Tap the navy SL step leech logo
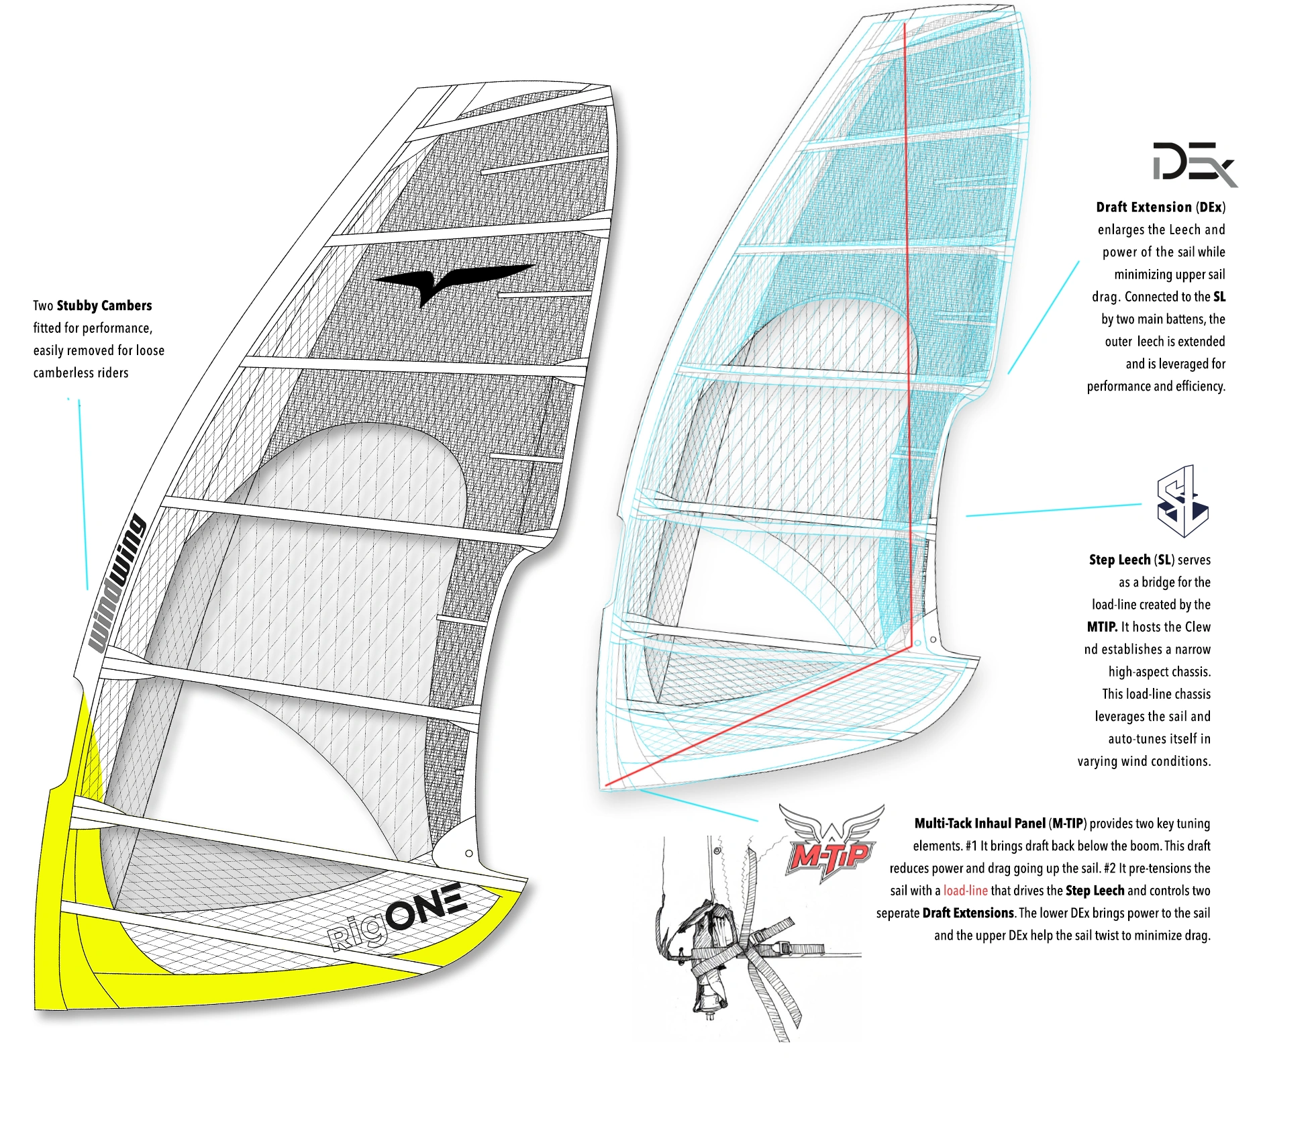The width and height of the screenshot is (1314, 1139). click(x=1182, y=503)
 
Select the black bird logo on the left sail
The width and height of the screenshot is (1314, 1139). click(x=452, y=281)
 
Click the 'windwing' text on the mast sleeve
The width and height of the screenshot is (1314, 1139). click(x=118, y=583)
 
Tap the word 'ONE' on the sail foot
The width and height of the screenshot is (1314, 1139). click(x=425, y=905)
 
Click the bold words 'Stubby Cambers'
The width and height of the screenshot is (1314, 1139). click(x=104, y=306)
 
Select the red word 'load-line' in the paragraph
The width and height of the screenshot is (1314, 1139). click(x=965, y=891)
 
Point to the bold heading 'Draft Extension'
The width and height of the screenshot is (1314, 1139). click(x=1144, y=207)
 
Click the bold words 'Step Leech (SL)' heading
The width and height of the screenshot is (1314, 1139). click(x=1131, y=560)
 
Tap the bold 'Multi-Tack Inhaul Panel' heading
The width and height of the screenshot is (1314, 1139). click(x=980, y=824)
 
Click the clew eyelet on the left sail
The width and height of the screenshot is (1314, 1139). click(x=469, y=853)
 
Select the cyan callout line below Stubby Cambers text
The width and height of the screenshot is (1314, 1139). click(x=83, y=497)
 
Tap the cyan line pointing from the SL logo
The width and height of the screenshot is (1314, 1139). click(x=1054, y=509)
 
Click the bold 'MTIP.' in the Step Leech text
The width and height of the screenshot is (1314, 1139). click(x=1102, y=627)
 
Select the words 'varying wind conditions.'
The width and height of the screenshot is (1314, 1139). click(x=1144, y=761)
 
